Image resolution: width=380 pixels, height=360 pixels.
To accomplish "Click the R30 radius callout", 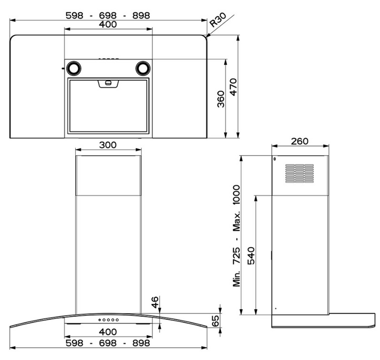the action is (x=218, y=20).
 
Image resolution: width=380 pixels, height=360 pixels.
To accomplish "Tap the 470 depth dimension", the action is (x=233, y=87).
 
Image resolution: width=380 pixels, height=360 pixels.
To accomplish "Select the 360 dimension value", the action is (x=221, y=99).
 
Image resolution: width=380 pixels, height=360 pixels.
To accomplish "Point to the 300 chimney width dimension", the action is (x=108, y=145).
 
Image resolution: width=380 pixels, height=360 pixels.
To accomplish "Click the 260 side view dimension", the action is (x=300, y=141).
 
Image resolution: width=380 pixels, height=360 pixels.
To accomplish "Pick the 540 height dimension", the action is (x=251, y=256).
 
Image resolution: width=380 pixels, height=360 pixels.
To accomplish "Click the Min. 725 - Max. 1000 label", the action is (x=236, y=236).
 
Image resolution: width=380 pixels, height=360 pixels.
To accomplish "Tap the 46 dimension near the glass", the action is (x=155, y=302).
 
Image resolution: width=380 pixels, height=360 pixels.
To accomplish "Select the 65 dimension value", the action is (x=215, y=320).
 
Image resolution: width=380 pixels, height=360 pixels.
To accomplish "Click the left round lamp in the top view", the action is (x=74, y=68).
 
